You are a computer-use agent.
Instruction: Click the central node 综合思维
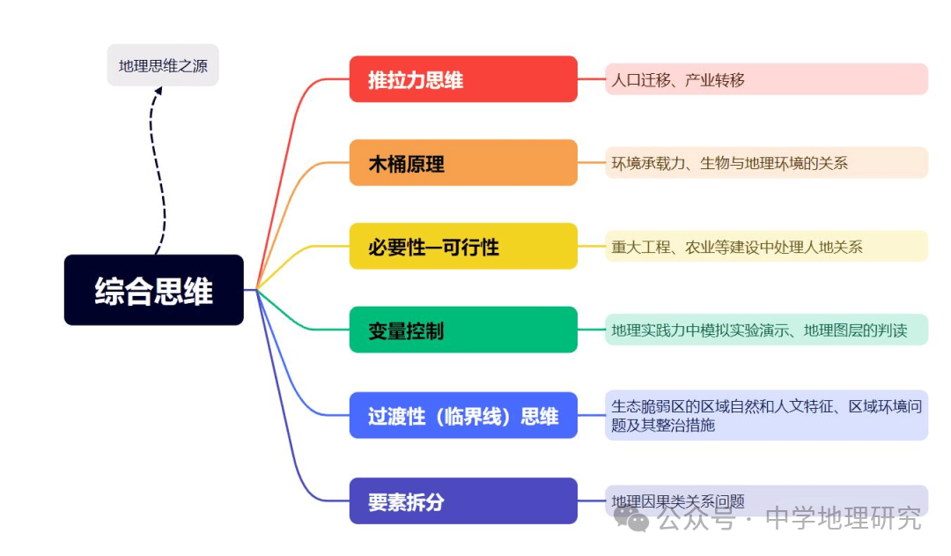tap(153, 290)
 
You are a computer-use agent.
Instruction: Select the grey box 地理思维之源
tap(163, 65)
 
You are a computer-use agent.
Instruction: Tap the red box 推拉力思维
tap(463, 79)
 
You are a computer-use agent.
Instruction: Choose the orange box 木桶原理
tap(463, 163)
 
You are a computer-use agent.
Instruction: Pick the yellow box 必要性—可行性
tap(463, 246)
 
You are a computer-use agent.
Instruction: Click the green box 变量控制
tap(463, 330)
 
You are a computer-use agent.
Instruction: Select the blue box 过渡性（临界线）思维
tap(463, 415)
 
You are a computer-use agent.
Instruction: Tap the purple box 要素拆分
tap(463, 500)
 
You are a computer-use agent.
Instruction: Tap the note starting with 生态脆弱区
tap(767, 415)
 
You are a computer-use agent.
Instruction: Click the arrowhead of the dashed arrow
tap(158, 91)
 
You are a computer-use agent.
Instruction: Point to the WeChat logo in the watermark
tap(631, 519)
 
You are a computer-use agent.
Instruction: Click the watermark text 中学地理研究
tap(843, 518)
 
